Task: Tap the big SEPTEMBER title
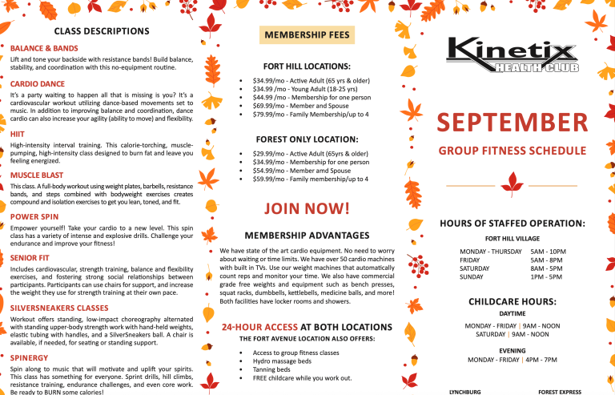[x=512, y=124]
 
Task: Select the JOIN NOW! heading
[x=307, y=210]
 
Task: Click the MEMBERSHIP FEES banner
[x=307, y=36]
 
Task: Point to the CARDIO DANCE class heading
[x=38, y=83]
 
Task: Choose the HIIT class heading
[x=18, y=133]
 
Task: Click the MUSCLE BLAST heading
[x=37, y=174]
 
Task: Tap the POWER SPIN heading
[x=34, y=216]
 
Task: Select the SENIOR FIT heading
[x=31, y=258]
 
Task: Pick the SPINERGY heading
[x=30, y=357]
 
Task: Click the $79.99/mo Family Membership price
[x=311, y=115]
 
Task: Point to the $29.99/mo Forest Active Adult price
[x=310, y=153]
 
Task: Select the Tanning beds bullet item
[x=273, y=369]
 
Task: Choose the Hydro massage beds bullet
[x=282, y=361]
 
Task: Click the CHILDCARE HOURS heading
[x=512, y=302]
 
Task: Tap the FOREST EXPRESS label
[x=560, y=392]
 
